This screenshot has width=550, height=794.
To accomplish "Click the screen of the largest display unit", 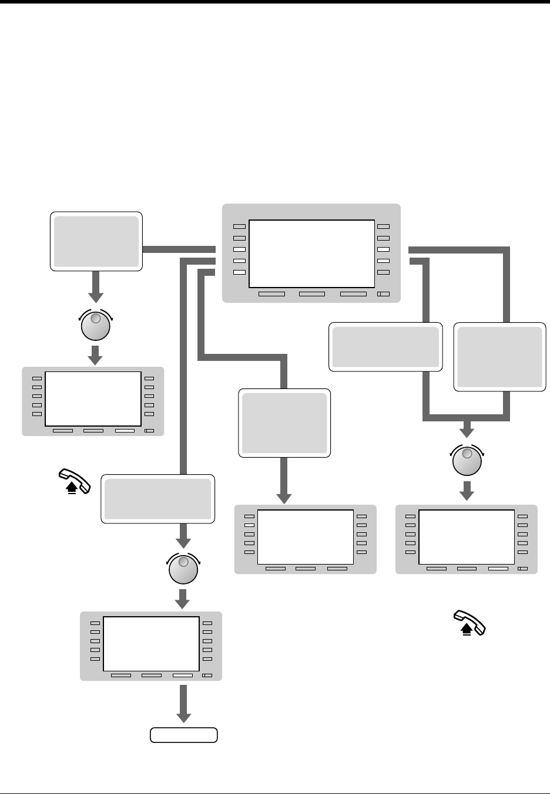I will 311,253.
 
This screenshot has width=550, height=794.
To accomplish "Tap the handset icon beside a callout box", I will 75,482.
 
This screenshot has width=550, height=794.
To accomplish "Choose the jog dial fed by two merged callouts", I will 467,461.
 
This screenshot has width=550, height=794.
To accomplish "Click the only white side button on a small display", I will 249,525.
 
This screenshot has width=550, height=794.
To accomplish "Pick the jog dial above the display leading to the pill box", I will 183,570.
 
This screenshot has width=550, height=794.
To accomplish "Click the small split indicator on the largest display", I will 383,293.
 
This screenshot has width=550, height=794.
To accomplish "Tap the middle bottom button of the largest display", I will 311,293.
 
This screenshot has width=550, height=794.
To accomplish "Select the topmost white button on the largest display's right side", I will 384,249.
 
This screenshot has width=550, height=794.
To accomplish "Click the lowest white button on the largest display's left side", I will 239,261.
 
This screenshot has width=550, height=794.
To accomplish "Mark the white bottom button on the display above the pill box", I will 182,675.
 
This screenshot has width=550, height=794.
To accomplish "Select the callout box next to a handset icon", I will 157,498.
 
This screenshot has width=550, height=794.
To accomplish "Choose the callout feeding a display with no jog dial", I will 284,423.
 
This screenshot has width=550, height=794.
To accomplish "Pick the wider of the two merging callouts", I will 385,346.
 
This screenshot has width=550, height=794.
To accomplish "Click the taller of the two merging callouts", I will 499,356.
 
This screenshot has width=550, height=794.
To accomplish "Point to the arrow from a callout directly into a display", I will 284,481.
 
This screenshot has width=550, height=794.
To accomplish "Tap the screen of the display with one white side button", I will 305,536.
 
